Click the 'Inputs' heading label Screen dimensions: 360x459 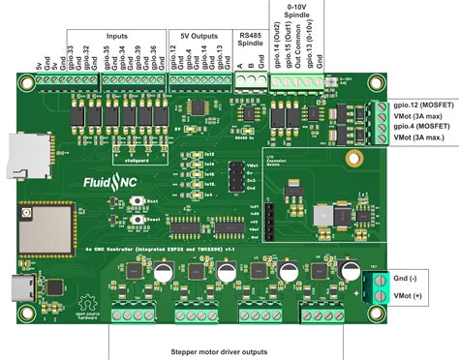115,35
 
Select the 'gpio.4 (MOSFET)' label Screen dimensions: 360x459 418,127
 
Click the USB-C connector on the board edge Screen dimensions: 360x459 21,287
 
